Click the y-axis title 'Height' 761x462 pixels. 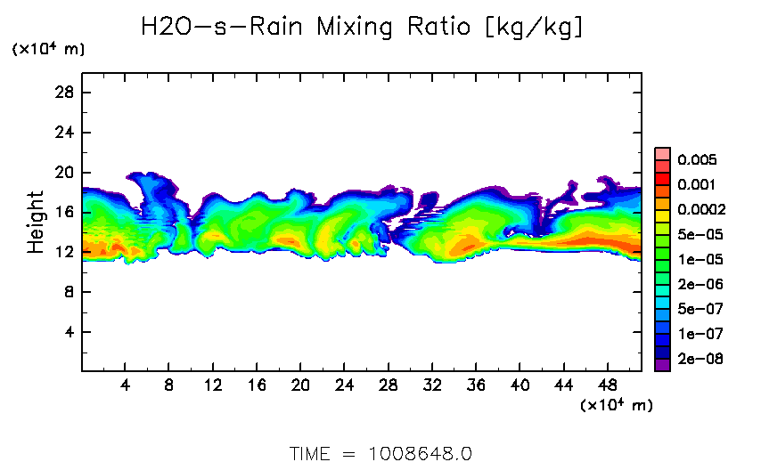[x=36, y=221]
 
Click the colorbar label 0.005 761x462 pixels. [x=697, y=160]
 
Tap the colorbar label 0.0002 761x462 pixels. [x=700, y=210]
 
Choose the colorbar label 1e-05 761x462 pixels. [x=697, y=260]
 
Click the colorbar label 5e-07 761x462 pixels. [x=697, y=310]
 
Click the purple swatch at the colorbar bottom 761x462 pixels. [x=662, y=365]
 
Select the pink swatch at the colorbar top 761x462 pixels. [x=662, y=153]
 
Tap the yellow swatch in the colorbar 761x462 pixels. [x=662, y=228]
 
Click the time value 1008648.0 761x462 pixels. [x=420, y=452]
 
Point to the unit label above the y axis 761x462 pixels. [x=48, y=50]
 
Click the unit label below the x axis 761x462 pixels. [x=617, y=406]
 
